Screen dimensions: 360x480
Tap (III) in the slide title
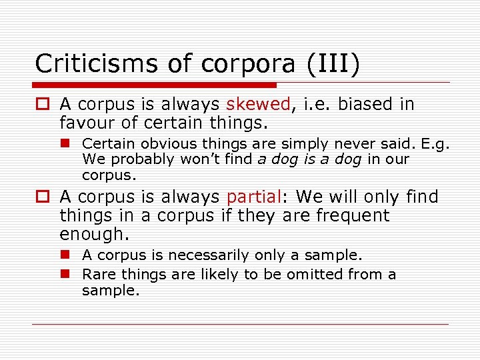[334, 63]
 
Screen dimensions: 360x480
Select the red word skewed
[258, 105]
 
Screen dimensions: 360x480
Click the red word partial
[253, 197]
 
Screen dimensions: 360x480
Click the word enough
[92, 235]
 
